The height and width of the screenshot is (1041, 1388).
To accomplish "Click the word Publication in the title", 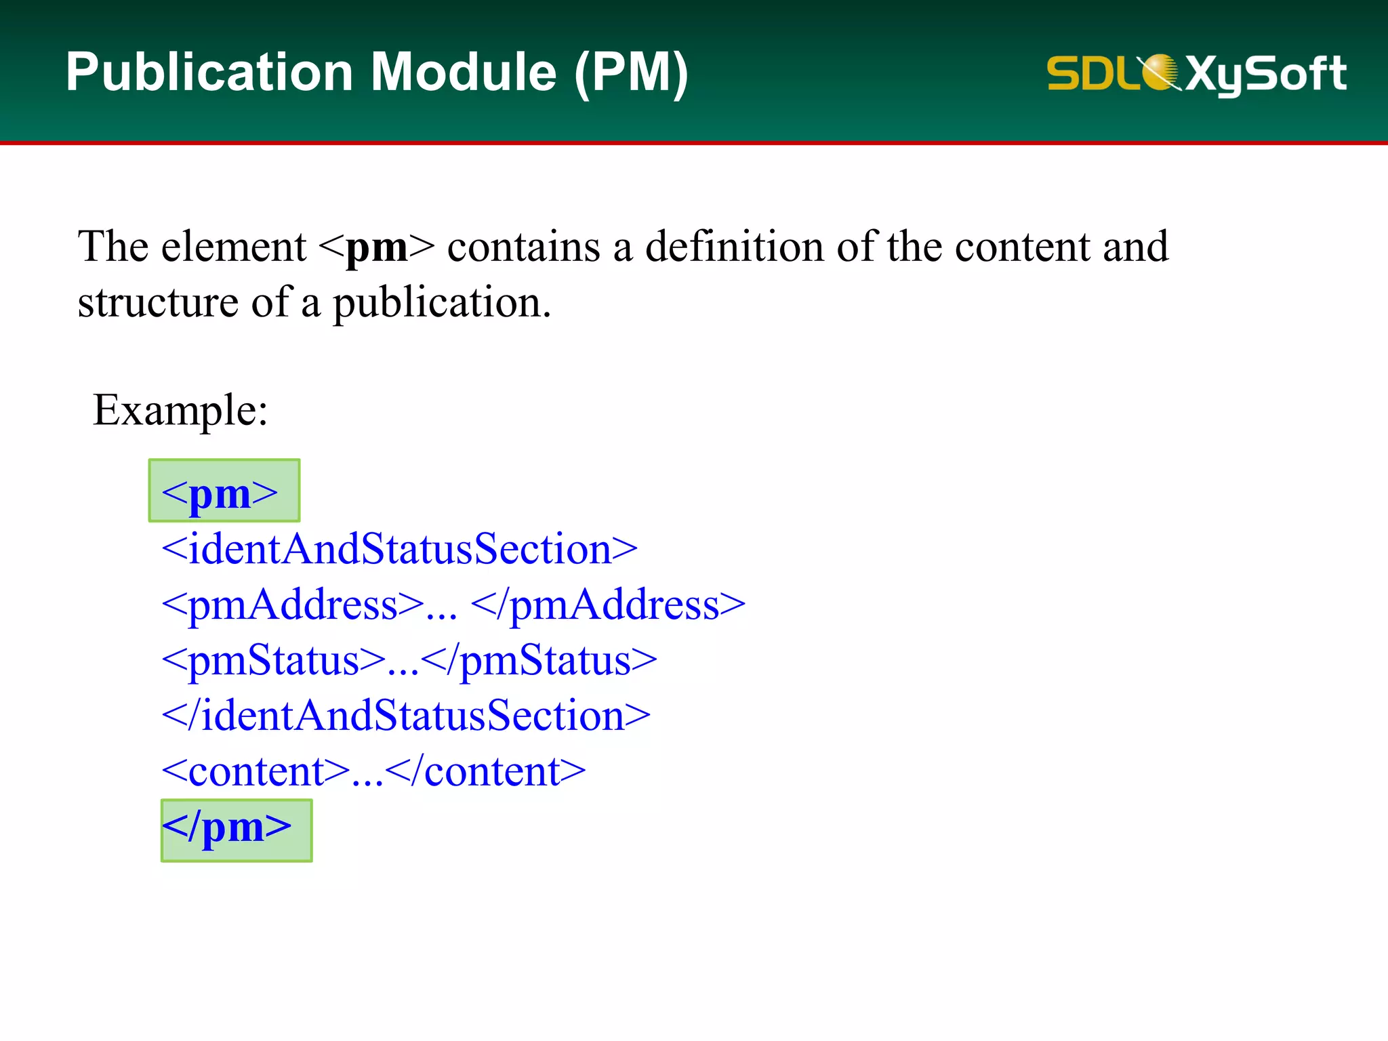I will point(209,73).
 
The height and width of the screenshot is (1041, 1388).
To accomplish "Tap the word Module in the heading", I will point(464,73).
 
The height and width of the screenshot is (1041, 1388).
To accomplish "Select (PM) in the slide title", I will point(631,73).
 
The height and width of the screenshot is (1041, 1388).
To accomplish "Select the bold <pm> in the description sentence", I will point(376,247).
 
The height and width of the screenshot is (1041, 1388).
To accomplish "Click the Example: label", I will point(180,410).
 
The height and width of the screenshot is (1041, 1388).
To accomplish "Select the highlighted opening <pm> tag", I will point(223,492).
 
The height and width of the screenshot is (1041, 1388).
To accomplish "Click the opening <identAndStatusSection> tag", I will point(399,549).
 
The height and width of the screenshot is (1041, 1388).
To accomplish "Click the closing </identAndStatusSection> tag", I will point(406,716).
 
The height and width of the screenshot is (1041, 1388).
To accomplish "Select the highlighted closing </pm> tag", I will point(235,828).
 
